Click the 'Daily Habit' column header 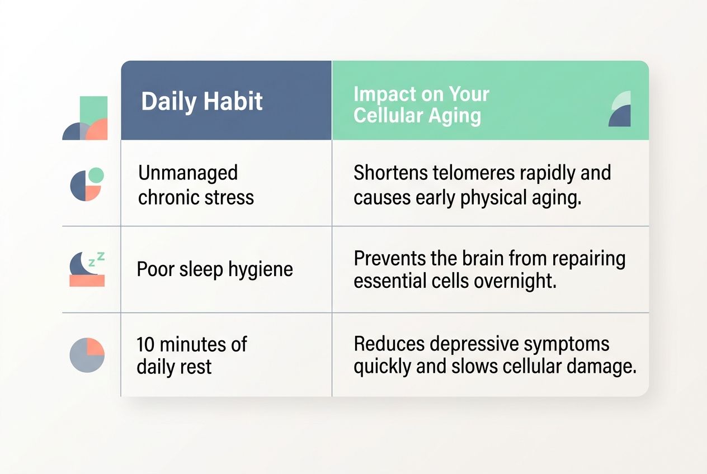(x=202, y=102)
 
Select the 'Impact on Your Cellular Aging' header (x=421, y=105)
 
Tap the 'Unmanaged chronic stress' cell (x=196, y=184)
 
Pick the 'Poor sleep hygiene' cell (x=215, y=269)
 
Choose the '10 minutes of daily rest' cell (x=191, y=355)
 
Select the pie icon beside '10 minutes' (x=87, y=355)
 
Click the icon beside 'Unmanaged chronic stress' (x=87, y=184)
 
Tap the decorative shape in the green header (x=619, y=109)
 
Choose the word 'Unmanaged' (x=188, y=173)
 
